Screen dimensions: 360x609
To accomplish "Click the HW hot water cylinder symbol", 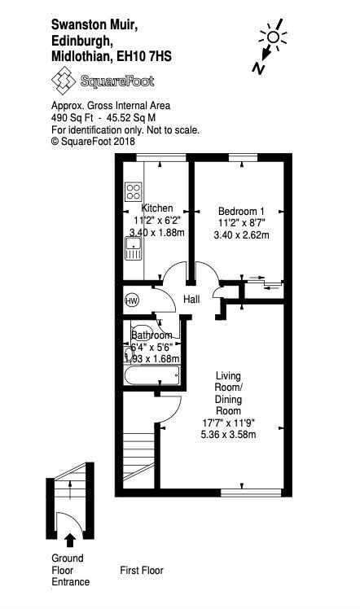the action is pos(132,300).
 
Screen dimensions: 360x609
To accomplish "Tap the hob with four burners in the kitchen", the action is pos(134,191).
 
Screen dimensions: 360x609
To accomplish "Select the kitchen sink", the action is pos(134,249).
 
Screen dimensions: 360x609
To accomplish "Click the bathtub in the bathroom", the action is pos(151,375).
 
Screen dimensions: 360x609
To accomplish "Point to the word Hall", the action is pos(191,299).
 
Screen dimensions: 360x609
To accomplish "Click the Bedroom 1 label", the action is pos(241,212).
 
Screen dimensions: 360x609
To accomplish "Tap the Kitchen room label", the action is pos(157,208).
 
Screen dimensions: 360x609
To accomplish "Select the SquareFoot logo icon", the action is pos(64,80).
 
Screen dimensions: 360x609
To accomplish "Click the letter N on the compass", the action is pos(258,68).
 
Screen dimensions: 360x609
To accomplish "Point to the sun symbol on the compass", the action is pos(273,37).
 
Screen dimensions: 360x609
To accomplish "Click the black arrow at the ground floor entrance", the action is pos(70,540).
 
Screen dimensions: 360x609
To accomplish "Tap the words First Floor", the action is pos(142,570).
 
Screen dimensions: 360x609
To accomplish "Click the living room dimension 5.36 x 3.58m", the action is pos(228,434).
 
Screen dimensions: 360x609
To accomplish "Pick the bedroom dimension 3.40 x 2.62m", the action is pos(242,235).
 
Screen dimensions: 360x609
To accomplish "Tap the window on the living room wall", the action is pos(251,493).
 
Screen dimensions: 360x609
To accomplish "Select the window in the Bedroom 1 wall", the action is pos(243,158).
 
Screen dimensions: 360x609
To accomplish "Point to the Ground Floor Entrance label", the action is pos(70,570).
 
